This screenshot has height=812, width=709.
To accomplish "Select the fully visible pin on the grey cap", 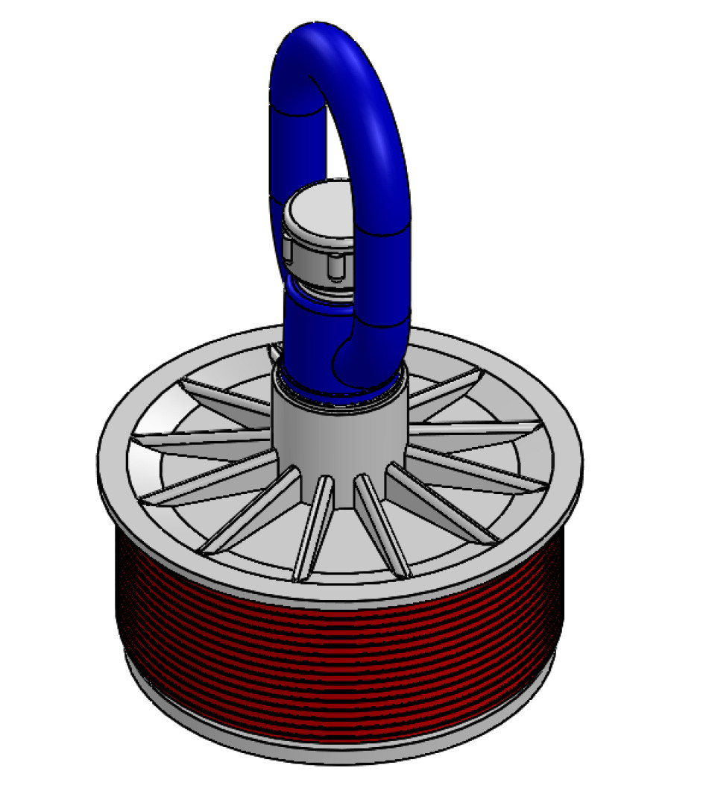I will click(x=334, y=268).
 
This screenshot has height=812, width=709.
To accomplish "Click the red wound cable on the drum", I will click(x=335, y=657).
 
